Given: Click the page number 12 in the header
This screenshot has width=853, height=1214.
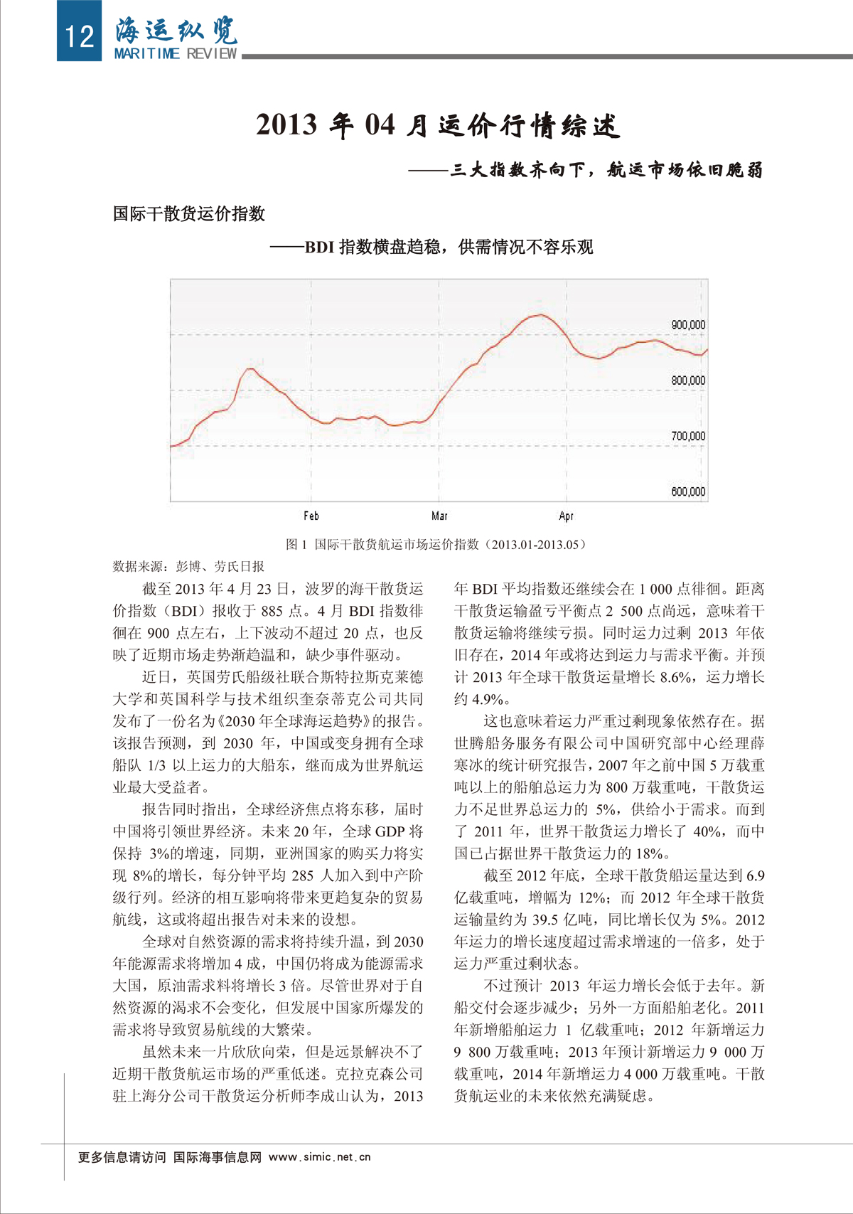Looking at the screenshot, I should coord(79,34).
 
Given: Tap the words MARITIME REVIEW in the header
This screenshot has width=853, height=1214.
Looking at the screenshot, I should coord(176,54).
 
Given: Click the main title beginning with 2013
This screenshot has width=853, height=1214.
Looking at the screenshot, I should coord(438,126).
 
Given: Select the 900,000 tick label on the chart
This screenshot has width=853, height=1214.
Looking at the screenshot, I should coord(687,325).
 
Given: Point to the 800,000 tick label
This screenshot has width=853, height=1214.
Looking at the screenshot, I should coord(687,380).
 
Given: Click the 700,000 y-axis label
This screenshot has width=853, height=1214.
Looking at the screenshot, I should coord(687,436).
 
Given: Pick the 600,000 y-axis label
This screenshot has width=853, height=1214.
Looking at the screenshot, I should coord(687,491).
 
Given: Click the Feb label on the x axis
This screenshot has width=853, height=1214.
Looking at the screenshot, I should coord(311,516).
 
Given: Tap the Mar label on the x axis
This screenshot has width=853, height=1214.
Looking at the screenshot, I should coord(439,516).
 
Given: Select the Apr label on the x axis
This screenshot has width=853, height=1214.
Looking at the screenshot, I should coord(566,516).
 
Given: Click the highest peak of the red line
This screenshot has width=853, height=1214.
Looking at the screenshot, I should coord(541,314).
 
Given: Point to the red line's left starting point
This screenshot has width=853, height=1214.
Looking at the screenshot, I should coord(172,446).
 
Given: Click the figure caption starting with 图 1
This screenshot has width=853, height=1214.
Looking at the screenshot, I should coord(436,544).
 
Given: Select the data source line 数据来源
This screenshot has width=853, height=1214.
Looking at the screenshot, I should coord(188,566).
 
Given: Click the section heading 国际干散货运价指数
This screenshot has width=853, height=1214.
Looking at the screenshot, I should coord(189,213).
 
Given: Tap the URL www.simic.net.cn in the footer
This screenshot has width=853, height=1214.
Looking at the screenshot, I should coord(320,1157).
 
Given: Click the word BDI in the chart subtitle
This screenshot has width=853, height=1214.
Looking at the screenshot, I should coord(319,247).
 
